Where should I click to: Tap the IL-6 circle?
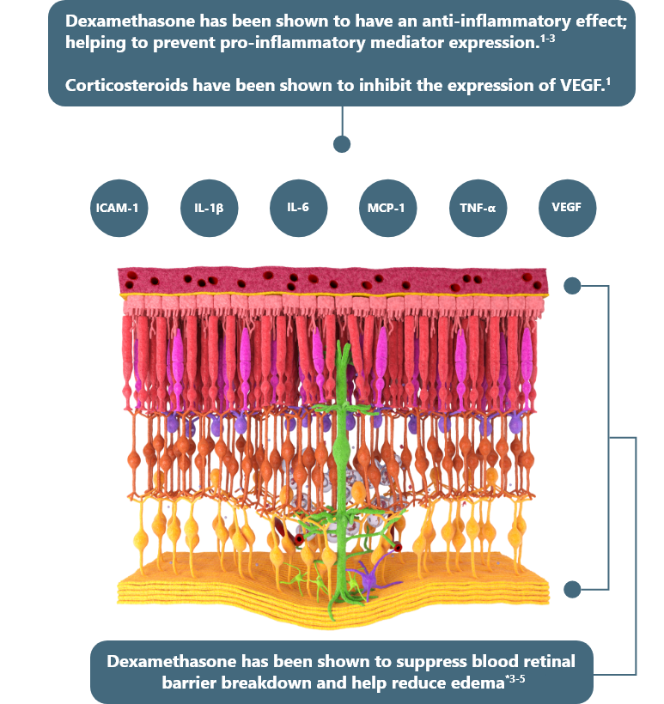click(x=298, y=208)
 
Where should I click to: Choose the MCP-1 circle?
click(x=387, y=208)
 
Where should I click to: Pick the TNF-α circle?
click(x=478, y=208)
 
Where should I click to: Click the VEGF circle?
click(x=567, y=208)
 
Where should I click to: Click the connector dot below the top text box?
click(x=342, y=143)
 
